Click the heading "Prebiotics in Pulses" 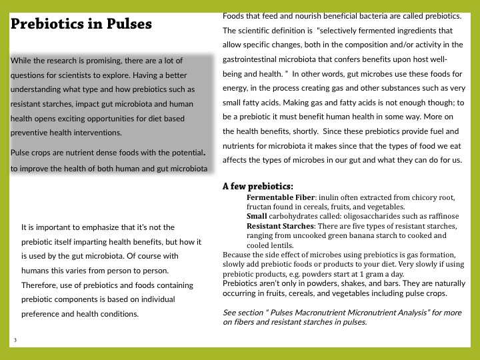pos(81,25)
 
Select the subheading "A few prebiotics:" pos(257,187)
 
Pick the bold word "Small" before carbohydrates pos(257,217)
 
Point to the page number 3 pos(15,341)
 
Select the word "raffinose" pos(441,217)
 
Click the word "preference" pos(43,314)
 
